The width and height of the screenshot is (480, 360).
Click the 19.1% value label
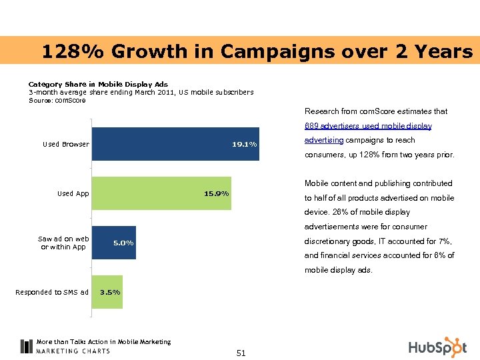click(244, 144)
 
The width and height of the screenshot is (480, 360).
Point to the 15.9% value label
click(216, 193)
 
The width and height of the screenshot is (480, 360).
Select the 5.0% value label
click(123, 243)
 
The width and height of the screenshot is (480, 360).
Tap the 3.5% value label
click(110, 292)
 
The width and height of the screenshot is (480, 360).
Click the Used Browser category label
click(65, 144)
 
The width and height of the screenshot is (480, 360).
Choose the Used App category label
click(73, 193)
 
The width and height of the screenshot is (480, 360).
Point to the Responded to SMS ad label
click(52, 292)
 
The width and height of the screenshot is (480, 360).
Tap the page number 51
click(241, 353)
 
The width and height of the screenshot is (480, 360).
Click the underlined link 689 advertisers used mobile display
click(368, 126)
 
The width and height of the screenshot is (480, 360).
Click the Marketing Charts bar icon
click(27, 346)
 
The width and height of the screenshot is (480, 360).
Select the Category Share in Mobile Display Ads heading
click(98, 85)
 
